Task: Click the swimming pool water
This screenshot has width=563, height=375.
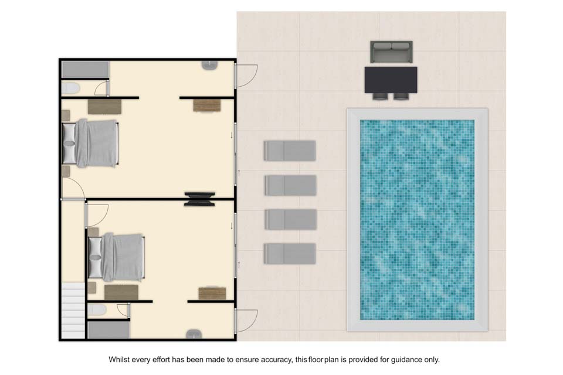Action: [x=417, y=220]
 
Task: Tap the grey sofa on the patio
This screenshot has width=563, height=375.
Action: [x=391, y=52]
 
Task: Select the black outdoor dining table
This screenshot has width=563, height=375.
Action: [x=391, y=80]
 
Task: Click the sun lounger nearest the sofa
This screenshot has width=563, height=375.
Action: [x=290, y=151]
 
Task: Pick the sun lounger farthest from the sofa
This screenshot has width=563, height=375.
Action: [x=290, y=254]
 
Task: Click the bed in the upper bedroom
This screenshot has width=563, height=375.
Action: [x=90, y=143]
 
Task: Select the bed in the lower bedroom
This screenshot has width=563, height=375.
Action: [x=116, y=257]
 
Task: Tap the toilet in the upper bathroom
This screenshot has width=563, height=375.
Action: [x=70, y=88]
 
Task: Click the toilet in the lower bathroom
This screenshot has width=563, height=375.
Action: [x=97, y=310]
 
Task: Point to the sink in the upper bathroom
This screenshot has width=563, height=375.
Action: [x=209, y=65]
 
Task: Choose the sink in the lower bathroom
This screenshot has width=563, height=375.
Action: [x=194, y=334]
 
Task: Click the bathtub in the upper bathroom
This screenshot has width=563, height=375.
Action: [x=85, y=70]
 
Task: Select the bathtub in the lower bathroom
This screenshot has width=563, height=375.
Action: [x=109, y=330]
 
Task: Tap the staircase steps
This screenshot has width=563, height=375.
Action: [x=73, y=310]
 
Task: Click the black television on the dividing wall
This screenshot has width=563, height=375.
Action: [x=199, y=199]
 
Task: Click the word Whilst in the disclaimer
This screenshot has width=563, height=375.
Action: [x=119, y=360]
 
